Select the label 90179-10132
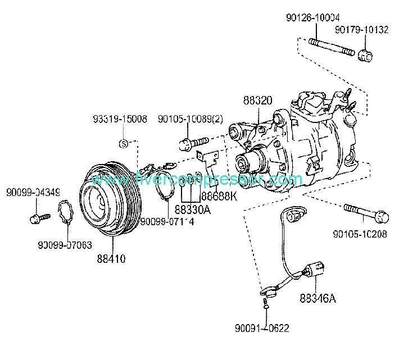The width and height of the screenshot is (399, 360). click(361, 30)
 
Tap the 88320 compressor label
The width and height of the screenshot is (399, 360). click(258, 101)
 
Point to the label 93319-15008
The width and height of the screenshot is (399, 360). click(120, 119)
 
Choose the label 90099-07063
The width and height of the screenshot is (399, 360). click(66, 245)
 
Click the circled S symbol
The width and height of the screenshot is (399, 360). click(123, 143)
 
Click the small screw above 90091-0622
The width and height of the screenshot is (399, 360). click(266, 304)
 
